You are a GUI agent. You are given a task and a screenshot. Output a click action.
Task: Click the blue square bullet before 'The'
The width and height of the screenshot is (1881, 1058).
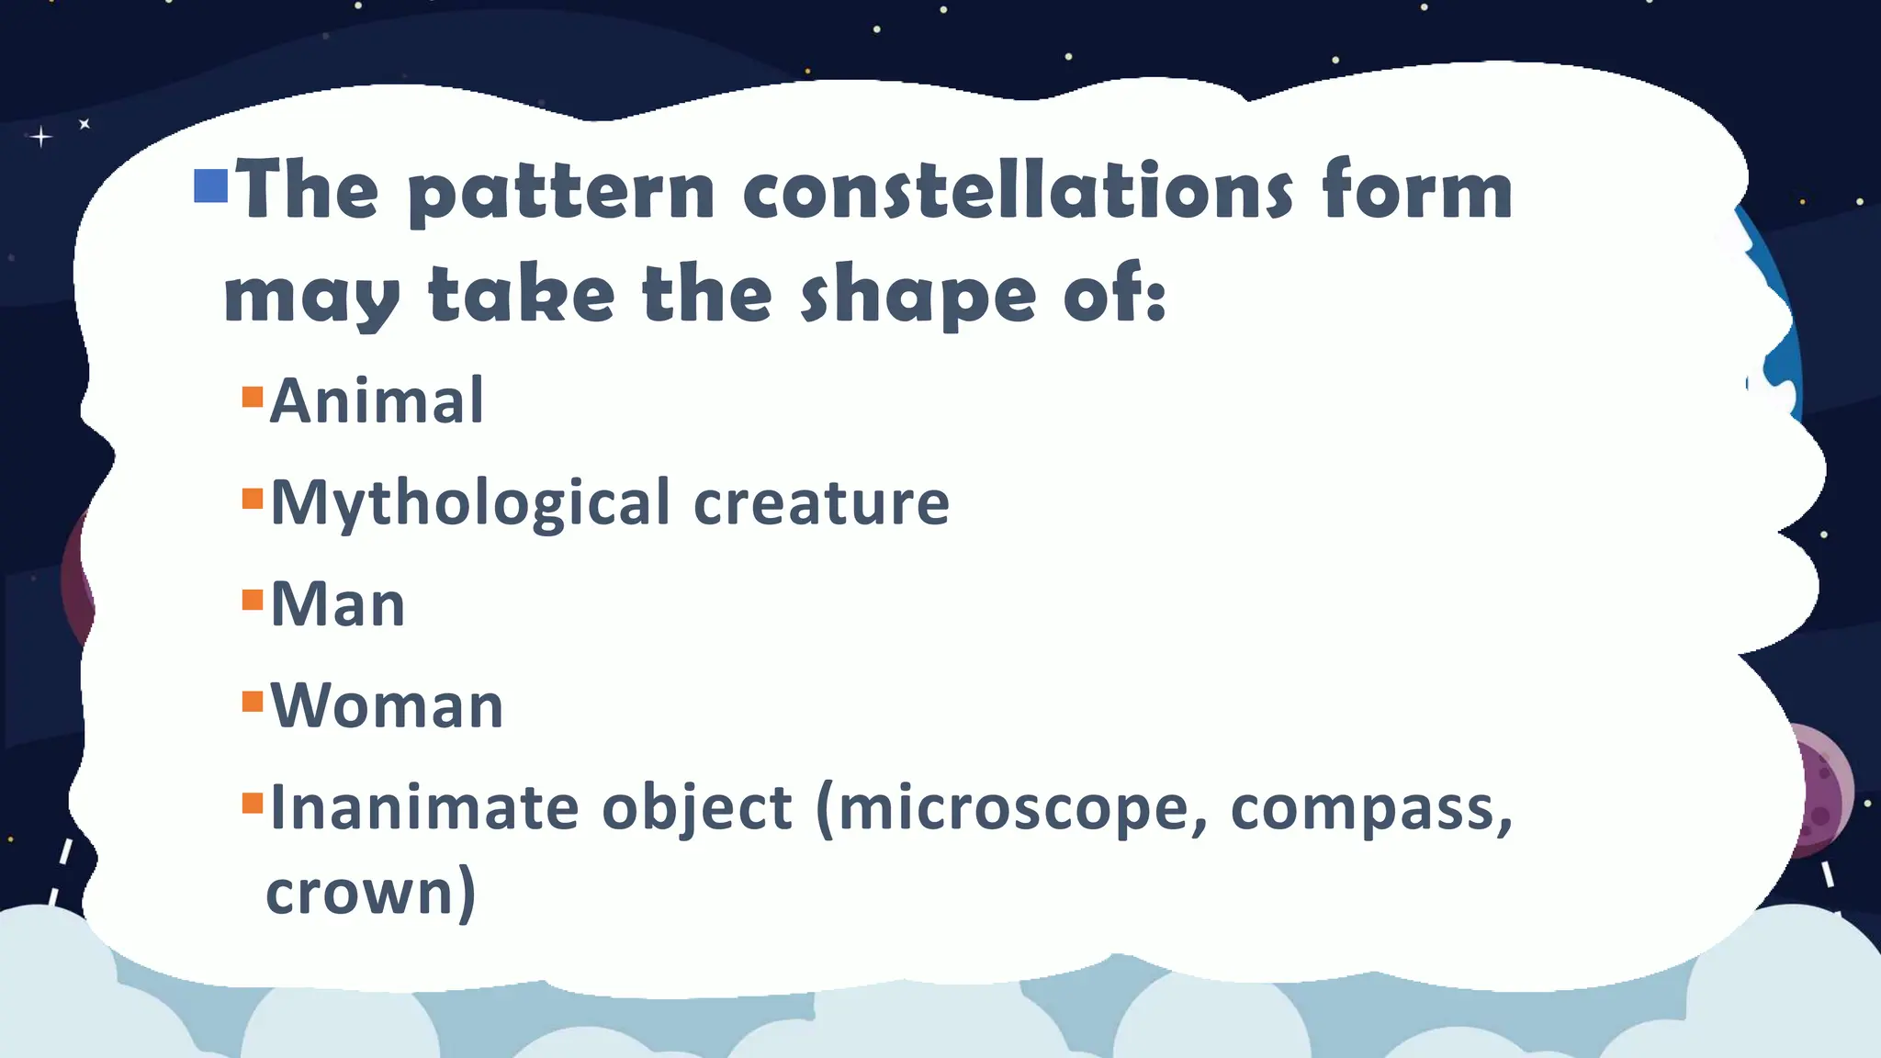[211, 186]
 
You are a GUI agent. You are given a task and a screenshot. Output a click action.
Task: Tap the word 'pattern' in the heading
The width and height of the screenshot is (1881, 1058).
[561, 194]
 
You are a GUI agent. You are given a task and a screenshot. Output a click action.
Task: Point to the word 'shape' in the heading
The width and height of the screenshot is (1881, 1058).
[918, 297]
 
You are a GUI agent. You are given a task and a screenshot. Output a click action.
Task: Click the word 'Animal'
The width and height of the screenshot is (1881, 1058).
[377, 401]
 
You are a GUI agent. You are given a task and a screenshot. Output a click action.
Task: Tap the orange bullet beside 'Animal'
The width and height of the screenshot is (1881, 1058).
[253, 397]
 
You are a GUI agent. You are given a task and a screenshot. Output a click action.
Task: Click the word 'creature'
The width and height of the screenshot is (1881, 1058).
[821, 503]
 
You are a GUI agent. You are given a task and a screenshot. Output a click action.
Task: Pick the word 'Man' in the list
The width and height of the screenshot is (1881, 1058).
[338, 605]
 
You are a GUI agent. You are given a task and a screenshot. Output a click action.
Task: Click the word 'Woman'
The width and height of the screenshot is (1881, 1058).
[387, 706]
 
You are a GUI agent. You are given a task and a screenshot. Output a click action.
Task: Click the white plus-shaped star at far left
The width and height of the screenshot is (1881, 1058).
[40, 138]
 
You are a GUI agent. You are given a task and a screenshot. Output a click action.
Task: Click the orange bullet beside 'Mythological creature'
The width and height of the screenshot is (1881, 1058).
[253, 499]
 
